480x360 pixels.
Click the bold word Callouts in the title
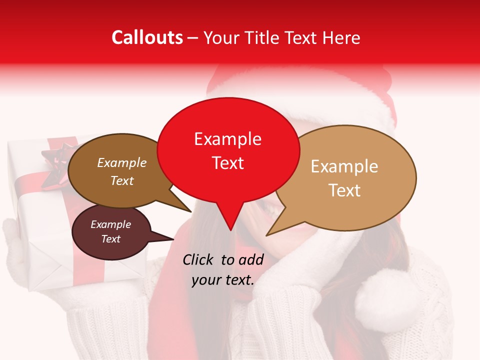tap(147, 37)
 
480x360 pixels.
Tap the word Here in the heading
tap(341, 38)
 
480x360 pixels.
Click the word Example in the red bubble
tap(227, 139)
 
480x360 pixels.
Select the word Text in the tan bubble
tap(344, 190)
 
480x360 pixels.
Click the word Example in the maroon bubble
tap(110, 224)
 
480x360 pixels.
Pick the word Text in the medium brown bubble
tap(121, 180)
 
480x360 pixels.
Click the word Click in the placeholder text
tap(198, 259)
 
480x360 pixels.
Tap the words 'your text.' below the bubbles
tap(222, 280)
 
